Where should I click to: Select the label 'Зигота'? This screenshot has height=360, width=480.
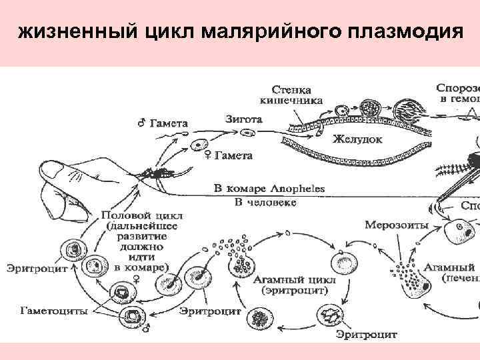click(243, 119)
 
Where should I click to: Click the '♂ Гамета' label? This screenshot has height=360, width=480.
click(163, 123)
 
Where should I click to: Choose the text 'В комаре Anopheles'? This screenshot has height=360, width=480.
click(269, 188)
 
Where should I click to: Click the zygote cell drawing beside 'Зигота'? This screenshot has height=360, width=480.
click(247, 133)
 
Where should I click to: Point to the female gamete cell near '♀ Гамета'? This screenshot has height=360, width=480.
click(199, 145)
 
